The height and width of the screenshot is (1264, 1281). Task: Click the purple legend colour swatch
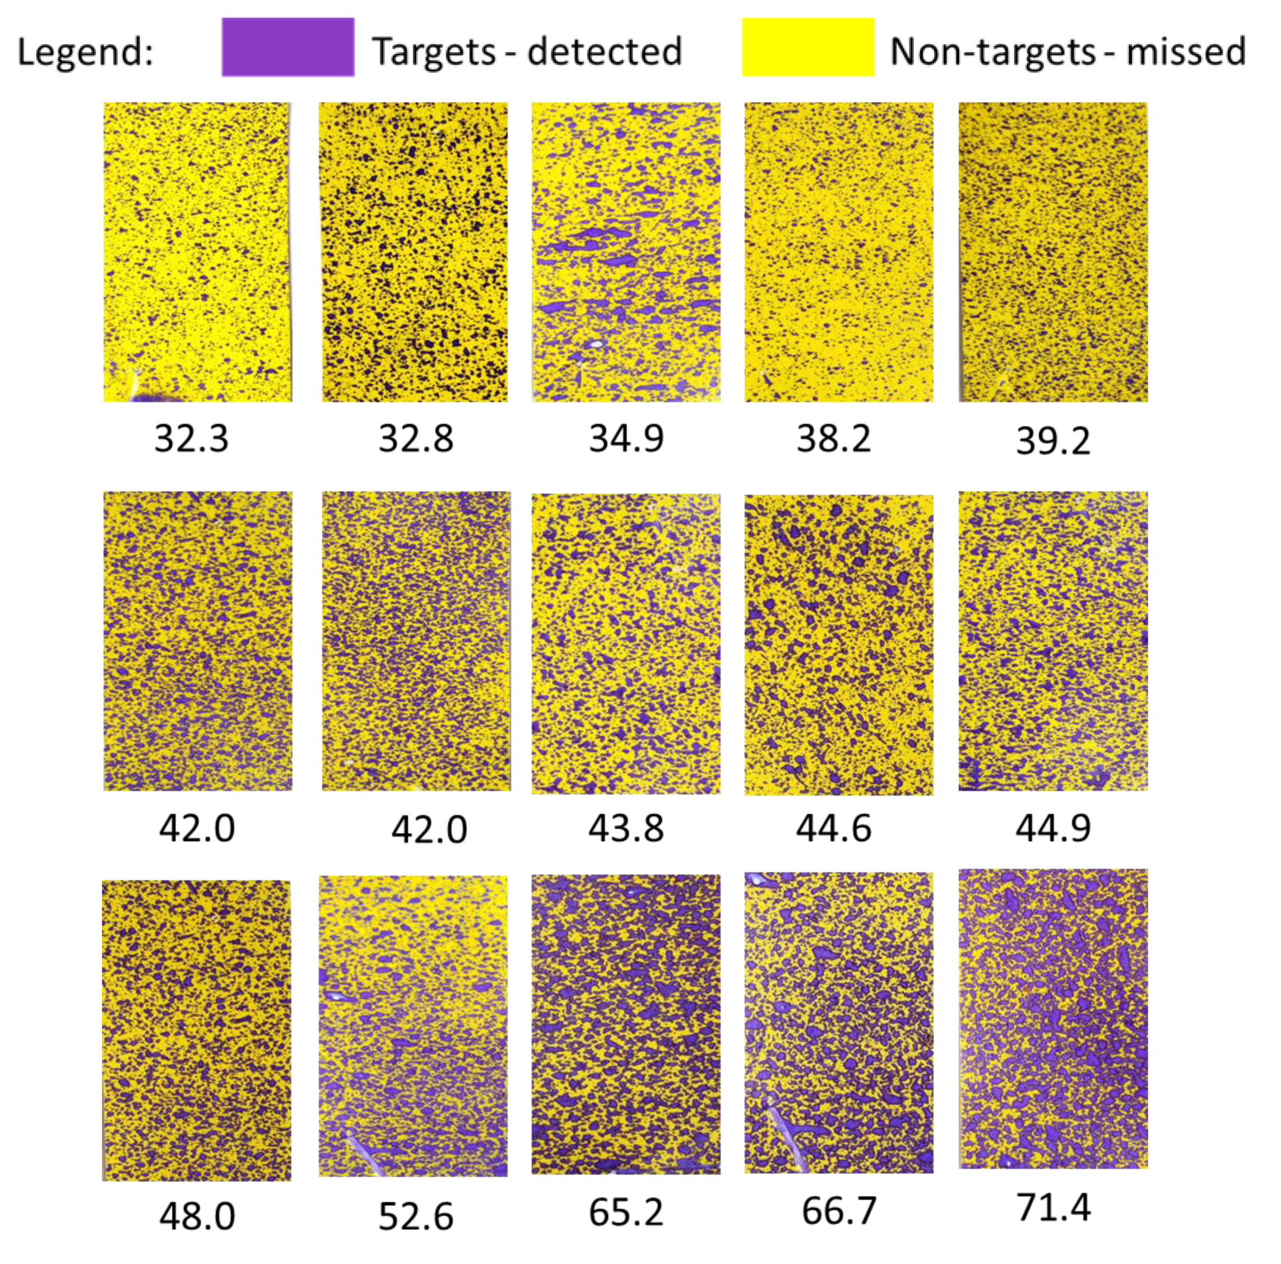pos(288,47)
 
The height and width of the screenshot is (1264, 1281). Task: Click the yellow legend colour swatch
pos(807,47)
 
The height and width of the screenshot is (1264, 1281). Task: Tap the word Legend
pos(85,52)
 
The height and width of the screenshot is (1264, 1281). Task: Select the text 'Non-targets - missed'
pos(1067,52)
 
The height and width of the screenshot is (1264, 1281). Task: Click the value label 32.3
pos(192,438)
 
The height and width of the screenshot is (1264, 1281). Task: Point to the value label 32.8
pos(416,438)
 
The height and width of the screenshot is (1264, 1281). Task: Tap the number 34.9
pos(626,438)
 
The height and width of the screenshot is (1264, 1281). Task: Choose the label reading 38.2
pos(833,438)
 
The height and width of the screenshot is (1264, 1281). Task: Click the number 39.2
pos(1053,441)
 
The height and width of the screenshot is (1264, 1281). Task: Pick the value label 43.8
pos(626,828)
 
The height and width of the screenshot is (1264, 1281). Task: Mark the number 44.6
pos(833,828)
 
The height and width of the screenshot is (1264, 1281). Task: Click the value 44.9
pos(1053,827)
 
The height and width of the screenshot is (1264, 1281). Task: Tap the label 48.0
pos(197,1216)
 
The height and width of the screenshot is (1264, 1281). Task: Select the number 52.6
pos(416,1216)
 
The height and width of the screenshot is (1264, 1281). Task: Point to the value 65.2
pos(626,1212)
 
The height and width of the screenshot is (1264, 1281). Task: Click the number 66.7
pos(839,1210)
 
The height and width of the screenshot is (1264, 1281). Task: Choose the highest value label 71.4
pos(1053,1206)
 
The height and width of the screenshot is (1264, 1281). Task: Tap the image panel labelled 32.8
pos(415,252)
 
